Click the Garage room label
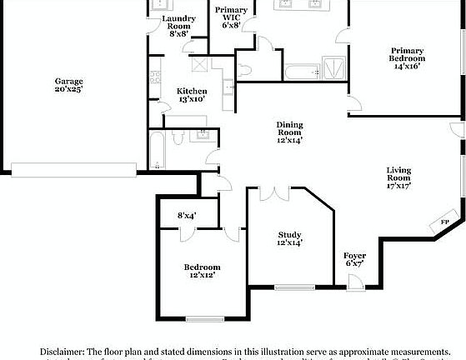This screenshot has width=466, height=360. pyautogui.click(x=69, y=81)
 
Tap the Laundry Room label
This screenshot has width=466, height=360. pyautogui.click(x=179, y=18)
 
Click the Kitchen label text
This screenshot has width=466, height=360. pyautogui.click(x=192, y=91)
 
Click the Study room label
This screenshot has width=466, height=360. pyautogui.click(x=289, y=235)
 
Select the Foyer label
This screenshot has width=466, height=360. pyautogui.click(x=355, y=256)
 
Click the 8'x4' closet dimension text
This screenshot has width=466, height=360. pyautogui.click(x=187, y=215)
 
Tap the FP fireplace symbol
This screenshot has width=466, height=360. pyautogui.click(x=444, y=222)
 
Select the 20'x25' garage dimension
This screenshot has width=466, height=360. pyautogui.click(x=69, y=88)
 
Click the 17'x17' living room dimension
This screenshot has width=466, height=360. pyautogui.click(x=398, y=187)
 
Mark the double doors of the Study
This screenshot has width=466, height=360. pyautogui.click(x=272, y=193)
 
